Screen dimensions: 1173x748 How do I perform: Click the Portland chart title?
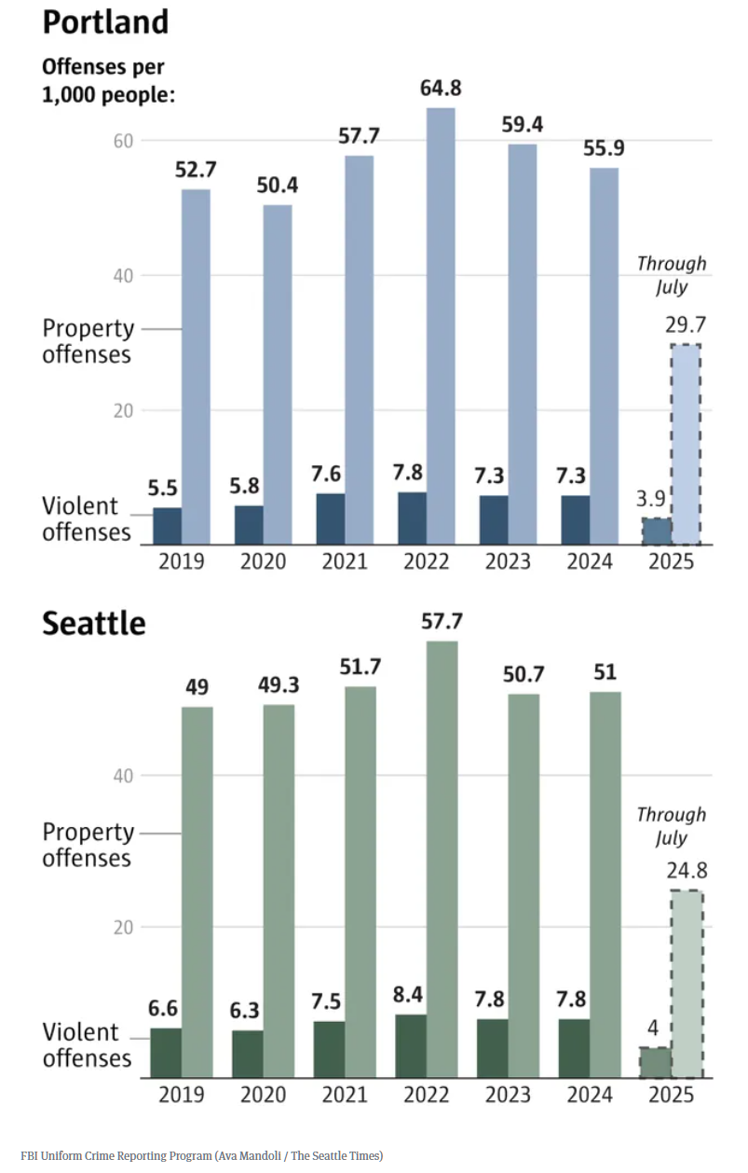click(x=105, y=21)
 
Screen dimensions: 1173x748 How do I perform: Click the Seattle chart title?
click(x=94, y=623)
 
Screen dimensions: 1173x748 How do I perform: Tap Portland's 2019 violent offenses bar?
click(x=168, y=526)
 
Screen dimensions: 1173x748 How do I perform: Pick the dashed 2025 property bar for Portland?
click(x=686, y=445)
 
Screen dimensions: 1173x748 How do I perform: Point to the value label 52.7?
click(x=195, y=171)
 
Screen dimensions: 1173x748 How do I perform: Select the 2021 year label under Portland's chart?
click(x=345, y=562)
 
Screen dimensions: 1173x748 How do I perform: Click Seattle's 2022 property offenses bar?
click(x=442, y=858)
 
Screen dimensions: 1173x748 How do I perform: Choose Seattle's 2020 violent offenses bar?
click(x=248, y=1054)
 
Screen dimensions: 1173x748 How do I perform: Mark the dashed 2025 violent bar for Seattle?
click(x=655, y=1062)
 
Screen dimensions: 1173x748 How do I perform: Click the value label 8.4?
click(x=411, y=995)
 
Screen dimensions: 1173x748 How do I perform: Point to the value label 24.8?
click(x=687, y=871)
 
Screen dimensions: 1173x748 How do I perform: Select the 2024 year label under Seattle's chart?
click(x=591, y=1095)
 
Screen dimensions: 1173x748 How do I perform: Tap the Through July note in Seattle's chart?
click(x=671, y=825)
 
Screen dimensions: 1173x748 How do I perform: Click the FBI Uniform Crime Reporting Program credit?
click(x=201, y=1156)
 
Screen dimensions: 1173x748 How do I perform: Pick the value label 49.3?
click(x=277, y=686)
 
